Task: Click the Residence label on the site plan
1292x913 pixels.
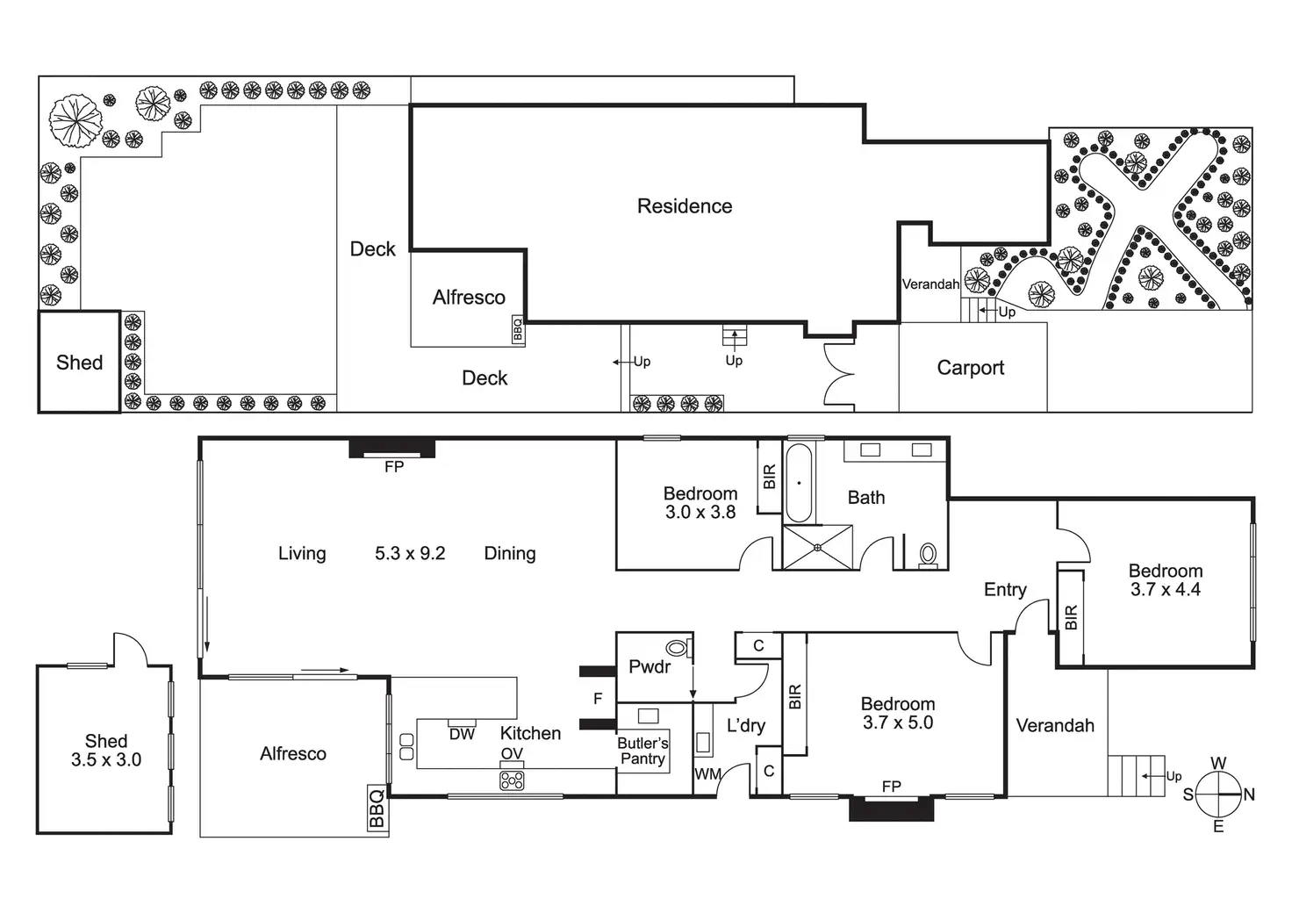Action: pyautogui.click(x=685, y=206)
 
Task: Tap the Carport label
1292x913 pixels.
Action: pyautogui.click(x=970, y=368)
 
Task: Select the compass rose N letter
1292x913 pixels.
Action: pyautogui.click(x=1249, y=794)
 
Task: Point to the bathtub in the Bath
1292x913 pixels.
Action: pyautogui.click(x=799, y=483)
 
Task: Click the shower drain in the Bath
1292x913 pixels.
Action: pyautogui.click(x=817, y=547)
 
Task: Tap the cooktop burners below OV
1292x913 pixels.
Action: pyautogui.click(x=512, y=781)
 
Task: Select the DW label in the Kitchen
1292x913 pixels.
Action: pyautogui.click(x=462, y=734)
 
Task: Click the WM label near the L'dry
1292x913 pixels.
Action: pyautogui.click(x=707, y=774)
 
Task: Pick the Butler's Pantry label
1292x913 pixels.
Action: pyautogui.click(x=642, y=751)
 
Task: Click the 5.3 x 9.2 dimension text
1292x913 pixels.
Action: pyautogui.click(x=410, y=554)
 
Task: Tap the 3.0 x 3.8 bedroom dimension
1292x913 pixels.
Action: pyautogui.click(x=700, y=512)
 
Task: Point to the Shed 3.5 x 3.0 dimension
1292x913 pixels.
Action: pyautogui.click(x=106, y=759)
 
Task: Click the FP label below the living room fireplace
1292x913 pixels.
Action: pyautogui.click(x=394, y=466)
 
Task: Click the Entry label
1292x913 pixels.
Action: pyautogui.click(x=1005, y=589)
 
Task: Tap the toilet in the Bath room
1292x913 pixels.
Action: pyautogui.click(x=928, y=556)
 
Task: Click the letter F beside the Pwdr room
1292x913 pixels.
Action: pyautogui.click(x=598, y=699)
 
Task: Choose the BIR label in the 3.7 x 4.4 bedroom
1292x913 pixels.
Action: pyautogui.click(x=1071, y=617)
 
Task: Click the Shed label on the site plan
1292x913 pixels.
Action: pyautogui.click(x=80, y=363)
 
